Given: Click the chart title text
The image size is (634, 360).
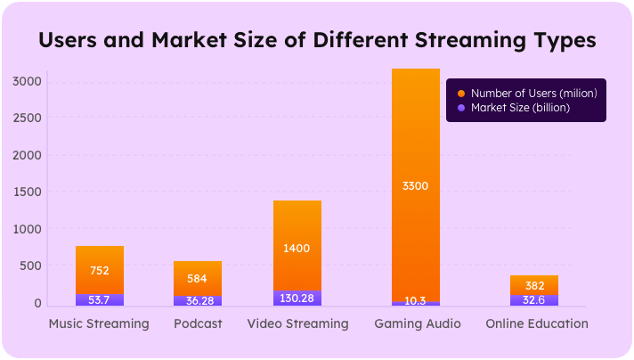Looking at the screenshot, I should coord(316,41).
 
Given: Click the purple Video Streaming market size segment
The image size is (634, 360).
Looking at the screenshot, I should coord(297,299).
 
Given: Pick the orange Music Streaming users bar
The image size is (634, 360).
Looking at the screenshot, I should coord(99,263).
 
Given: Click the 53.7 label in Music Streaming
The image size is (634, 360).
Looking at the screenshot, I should coord(99,300).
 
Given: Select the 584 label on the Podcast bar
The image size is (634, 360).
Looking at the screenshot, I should coord(198,279).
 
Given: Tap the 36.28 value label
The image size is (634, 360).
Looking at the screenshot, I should coord(198,300).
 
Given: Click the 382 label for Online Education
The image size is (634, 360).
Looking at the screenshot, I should coord(534,286).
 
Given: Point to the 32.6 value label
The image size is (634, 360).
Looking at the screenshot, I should coord(534,300).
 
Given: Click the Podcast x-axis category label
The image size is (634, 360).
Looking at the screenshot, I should coord(198,323).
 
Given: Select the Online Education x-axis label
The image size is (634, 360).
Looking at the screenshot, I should coord(537,323).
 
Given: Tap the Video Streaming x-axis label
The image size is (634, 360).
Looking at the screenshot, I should coord(297,323).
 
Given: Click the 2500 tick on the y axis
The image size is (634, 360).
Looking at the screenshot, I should coord(27,119).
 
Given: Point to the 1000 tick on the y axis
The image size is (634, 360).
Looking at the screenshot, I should coord(27,229).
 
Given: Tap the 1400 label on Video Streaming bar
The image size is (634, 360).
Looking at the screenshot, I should coord(297,248).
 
